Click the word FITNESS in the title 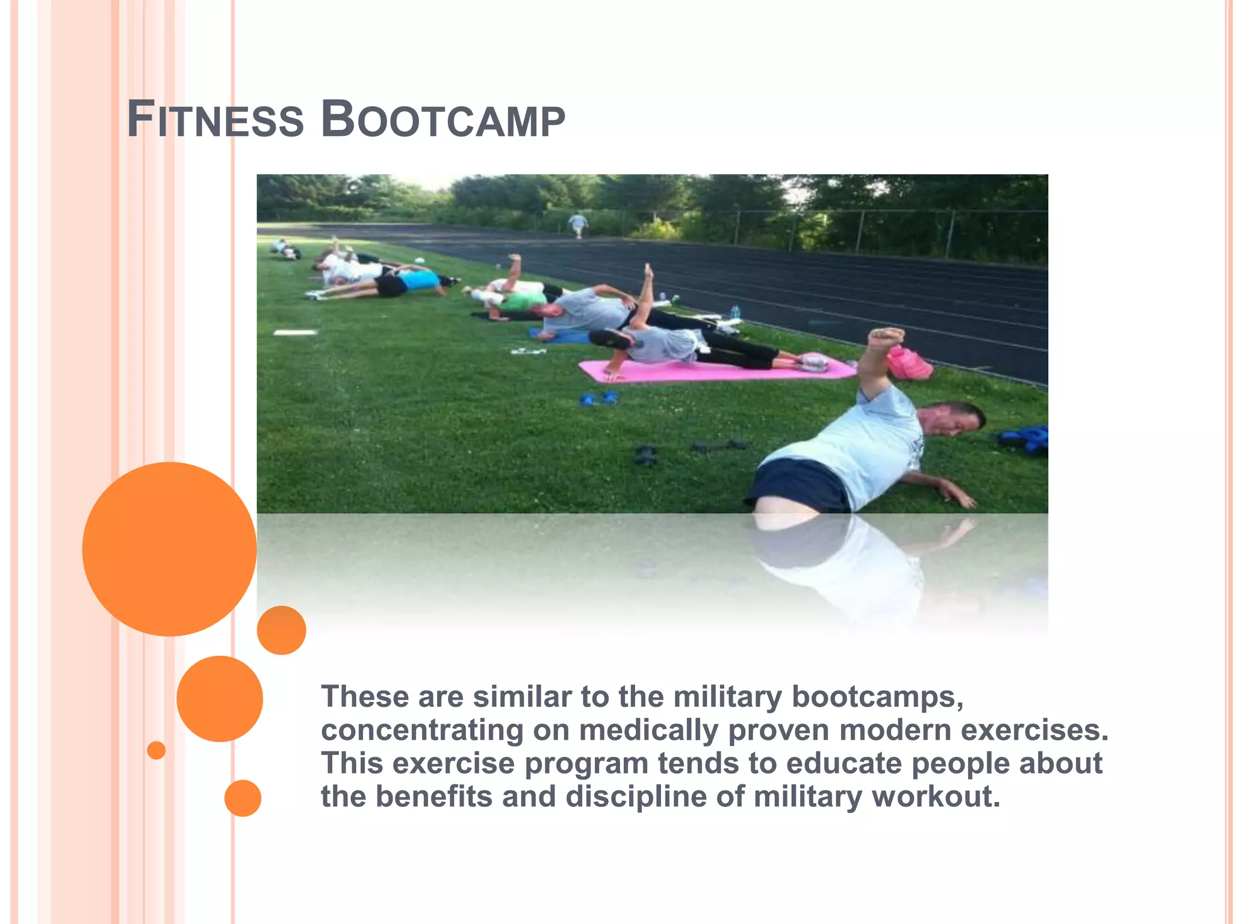tap(215, 120)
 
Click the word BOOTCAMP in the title tap(443, 120)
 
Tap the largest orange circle tap(169, 549)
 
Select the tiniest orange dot tap(156, 750)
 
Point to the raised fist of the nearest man tap(885, 337)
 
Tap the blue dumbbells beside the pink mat tap(599, 398)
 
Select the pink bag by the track tap(909, 363)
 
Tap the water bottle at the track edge tap(735, 311)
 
